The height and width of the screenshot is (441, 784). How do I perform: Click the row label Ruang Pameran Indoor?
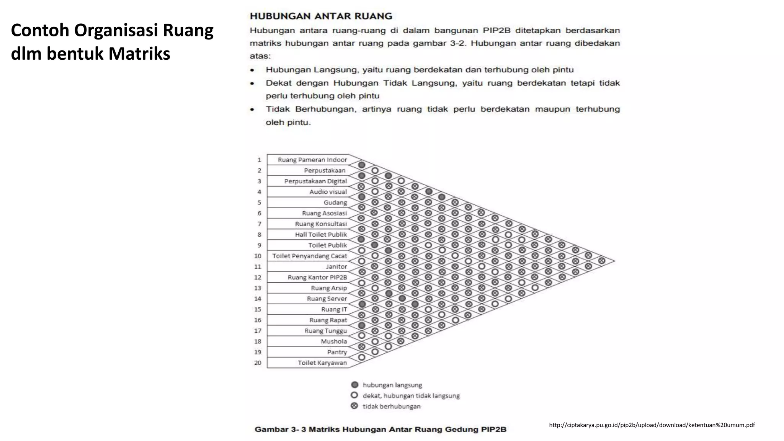tap(312, 160)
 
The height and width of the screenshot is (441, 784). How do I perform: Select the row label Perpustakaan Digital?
tap(315, 181)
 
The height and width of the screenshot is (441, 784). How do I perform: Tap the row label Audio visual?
tap(328, 192)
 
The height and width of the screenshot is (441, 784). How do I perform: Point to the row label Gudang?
tap(335, 203)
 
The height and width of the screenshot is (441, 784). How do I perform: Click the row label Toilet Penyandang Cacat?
tap(309, 256)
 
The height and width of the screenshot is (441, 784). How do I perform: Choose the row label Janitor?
tap(336, 266)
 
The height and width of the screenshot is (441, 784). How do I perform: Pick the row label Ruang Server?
tap(327, 299)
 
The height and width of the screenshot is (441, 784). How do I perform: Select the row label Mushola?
tap(334, 341)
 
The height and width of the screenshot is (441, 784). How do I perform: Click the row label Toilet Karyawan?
tap(322, 363)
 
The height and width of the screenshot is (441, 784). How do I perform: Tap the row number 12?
tap(258, 277)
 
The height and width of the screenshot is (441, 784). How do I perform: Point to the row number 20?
tap(258, 363)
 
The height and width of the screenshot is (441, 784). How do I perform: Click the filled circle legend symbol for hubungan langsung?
tap(354, 385)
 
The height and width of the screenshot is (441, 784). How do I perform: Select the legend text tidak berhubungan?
tap(391, 407)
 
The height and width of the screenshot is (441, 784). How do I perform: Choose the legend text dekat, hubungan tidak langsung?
tap(411, 396)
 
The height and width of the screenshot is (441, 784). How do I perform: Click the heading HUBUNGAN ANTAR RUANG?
tap(321, 16)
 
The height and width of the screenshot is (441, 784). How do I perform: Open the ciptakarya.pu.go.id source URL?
tap(652, 425)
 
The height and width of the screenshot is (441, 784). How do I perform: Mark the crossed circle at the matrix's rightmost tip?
tap(601, 261)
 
